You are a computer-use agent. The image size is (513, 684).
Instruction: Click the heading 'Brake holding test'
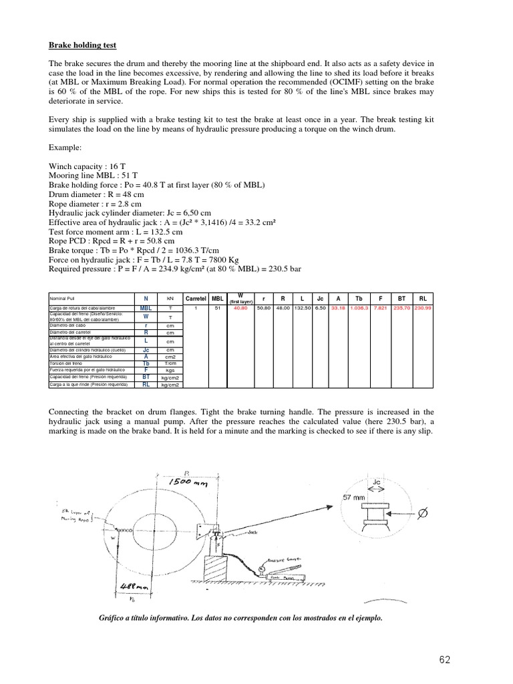pos(83,45)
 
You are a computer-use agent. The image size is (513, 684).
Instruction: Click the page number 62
pos(445,660)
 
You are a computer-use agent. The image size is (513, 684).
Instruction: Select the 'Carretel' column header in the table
pos(195,298)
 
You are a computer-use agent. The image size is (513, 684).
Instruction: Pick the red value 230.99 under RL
pos(423,308)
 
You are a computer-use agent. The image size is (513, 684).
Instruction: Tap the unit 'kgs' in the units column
pos(170,369)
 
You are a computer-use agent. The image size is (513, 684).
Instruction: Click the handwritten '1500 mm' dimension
pos(189,482)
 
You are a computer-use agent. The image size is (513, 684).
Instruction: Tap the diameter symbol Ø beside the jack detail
pos(421,514)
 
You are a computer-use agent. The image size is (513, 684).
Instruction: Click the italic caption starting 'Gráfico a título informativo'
pos(240,619)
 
